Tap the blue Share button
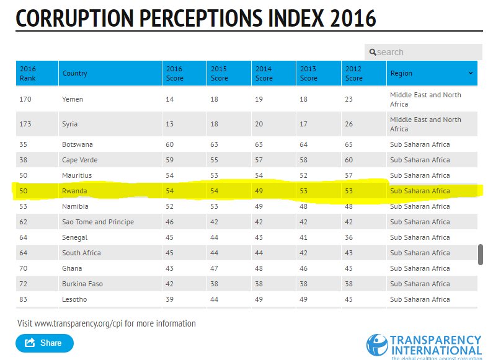[x=45, y=343]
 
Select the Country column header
[x=75, y=73]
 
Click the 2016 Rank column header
[x=28, y=73]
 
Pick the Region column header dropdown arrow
[x=471, y=73]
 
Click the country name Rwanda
[x=74, y=191]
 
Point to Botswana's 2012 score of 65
[x=349, y=144]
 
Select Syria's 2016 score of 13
[x=170, y=124]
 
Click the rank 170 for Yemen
[x=25, y=99]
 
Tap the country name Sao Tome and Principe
[x=97, y=222]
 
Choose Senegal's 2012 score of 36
[x=349, y=237]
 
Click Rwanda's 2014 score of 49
[x=259, y=191]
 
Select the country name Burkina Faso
[x=82, y=284]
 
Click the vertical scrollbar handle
[x=480, y=254]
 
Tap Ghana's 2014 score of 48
[x=259, y=268]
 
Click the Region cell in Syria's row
[x=425, y=124]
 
